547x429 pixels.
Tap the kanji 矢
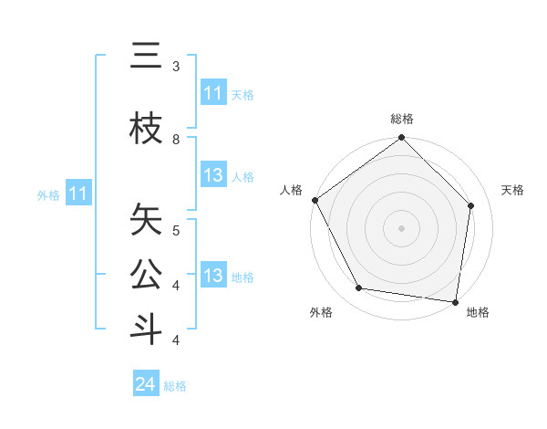[146, 219]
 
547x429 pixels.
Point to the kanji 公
[146, 275]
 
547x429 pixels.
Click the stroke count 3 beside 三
[176, 67]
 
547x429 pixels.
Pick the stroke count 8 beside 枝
[176, 140]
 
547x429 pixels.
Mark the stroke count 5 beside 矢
[176, 229]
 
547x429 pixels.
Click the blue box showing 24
[146, 384]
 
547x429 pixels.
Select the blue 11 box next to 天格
[212, 93]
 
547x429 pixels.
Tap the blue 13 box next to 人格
[212, 176]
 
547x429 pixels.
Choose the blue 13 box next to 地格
[212, 277]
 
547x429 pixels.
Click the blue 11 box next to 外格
[78, 194]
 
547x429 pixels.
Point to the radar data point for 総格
[401, 138]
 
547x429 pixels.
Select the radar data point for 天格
[471, 205]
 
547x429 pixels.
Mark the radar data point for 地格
[456, 301]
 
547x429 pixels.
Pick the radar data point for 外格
[359, 288]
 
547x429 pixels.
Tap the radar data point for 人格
[315, 200]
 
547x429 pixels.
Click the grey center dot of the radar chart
[401, 227]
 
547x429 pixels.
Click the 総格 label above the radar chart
[401, 119]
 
